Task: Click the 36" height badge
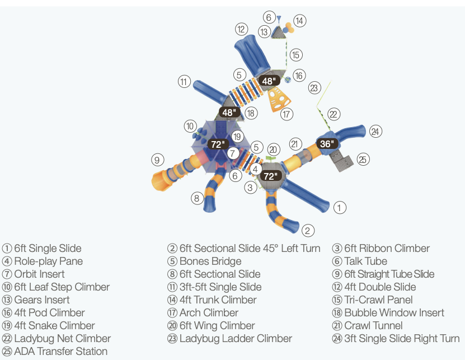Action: click(x=326, y=143)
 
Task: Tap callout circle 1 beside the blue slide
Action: click(x=340, y=208)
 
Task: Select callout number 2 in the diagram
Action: click(x=308, y=230)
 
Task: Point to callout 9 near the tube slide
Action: click(x=157, y=160)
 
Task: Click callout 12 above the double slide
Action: click(x=241, y=29)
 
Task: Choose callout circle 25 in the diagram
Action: click(x=363, y=160)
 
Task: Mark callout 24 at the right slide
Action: click(x=375, y=132)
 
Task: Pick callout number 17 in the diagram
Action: click(x=287, y=114)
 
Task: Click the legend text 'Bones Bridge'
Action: click(x=210, y=261)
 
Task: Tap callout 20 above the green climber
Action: click(x=273, y=149)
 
